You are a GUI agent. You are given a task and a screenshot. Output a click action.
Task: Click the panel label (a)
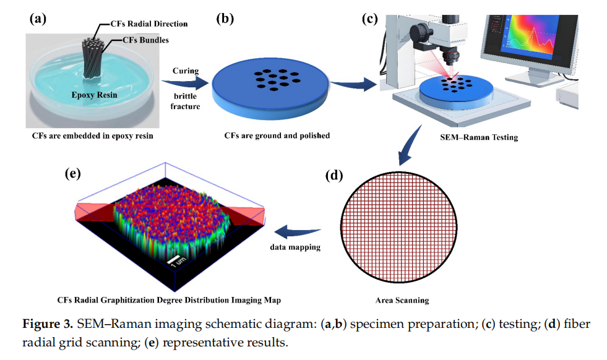[38, 19]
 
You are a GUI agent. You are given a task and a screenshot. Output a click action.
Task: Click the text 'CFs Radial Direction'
[149, 24]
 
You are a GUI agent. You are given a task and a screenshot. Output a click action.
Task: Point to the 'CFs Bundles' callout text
[145, 40]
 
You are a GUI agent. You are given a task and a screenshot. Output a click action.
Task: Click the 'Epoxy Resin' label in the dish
[94, 95]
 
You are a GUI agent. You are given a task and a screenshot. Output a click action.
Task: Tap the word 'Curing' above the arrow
[186, 71]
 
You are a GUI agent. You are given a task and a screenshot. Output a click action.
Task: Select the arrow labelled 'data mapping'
[297, 232]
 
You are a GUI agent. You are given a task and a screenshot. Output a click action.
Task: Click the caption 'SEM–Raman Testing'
[479, 137]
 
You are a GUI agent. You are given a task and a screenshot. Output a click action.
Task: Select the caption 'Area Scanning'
[402, 301]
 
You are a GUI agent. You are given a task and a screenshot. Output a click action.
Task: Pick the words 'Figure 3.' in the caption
[48, 324]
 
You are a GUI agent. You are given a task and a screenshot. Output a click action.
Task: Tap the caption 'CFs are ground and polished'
[277, 136]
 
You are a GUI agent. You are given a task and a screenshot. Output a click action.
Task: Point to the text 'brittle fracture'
[186, 101]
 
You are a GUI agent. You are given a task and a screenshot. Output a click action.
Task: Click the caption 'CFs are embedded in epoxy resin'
[93, 136]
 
